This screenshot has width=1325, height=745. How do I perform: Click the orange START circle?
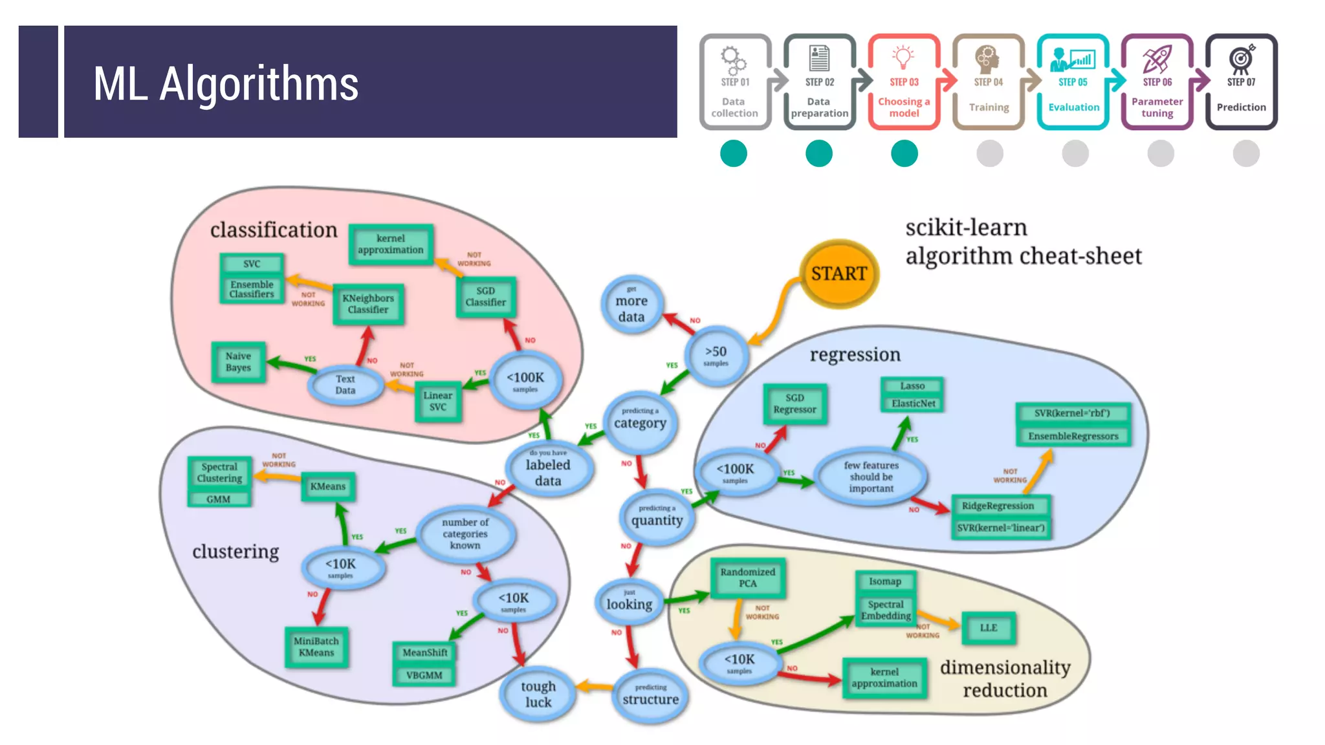coord(838,274)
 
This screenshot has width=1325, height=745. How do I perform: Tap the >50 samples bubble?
coord(716,355)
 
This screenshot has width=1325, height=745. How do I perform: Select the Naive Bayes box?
coord(238,362)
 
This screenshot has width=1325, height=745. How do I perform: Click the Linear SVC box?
coord(438,401)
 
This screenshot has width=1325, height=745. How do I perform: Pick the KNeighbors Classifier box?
coord(368,304)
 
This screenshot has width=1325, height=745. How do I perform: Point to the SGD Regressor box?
coord(794,404)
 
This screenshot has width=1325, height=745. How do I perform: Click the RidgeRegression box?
coord(998,506)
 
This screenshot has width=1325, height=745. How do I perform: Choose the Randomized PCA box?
coord(748,578)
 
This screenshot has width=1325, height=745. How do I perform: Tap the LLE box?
coord(988,628)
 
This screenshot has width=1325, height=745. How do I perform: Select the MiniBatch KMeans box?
coord(316,647)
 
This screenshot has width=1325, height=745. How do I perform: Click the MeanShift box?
coord(424,653)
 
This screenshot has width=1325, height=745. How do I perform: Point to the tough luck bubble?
coord(538,694)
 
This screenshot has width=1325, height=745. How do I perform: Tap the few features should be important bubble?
coord(871,477)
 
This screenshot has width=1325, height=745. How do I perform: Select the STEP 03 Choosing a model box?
coord(904,82)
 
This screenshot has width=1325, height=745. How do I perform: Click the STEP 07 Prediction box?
coord(1241,82)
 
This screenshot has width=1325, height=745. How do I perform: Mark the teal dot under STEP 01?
coord(734,154)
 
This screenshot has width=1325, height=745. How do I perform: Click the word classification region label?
coord(274,230)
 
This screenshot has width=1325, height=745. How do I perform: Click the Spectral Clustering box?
coord(220,473)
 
